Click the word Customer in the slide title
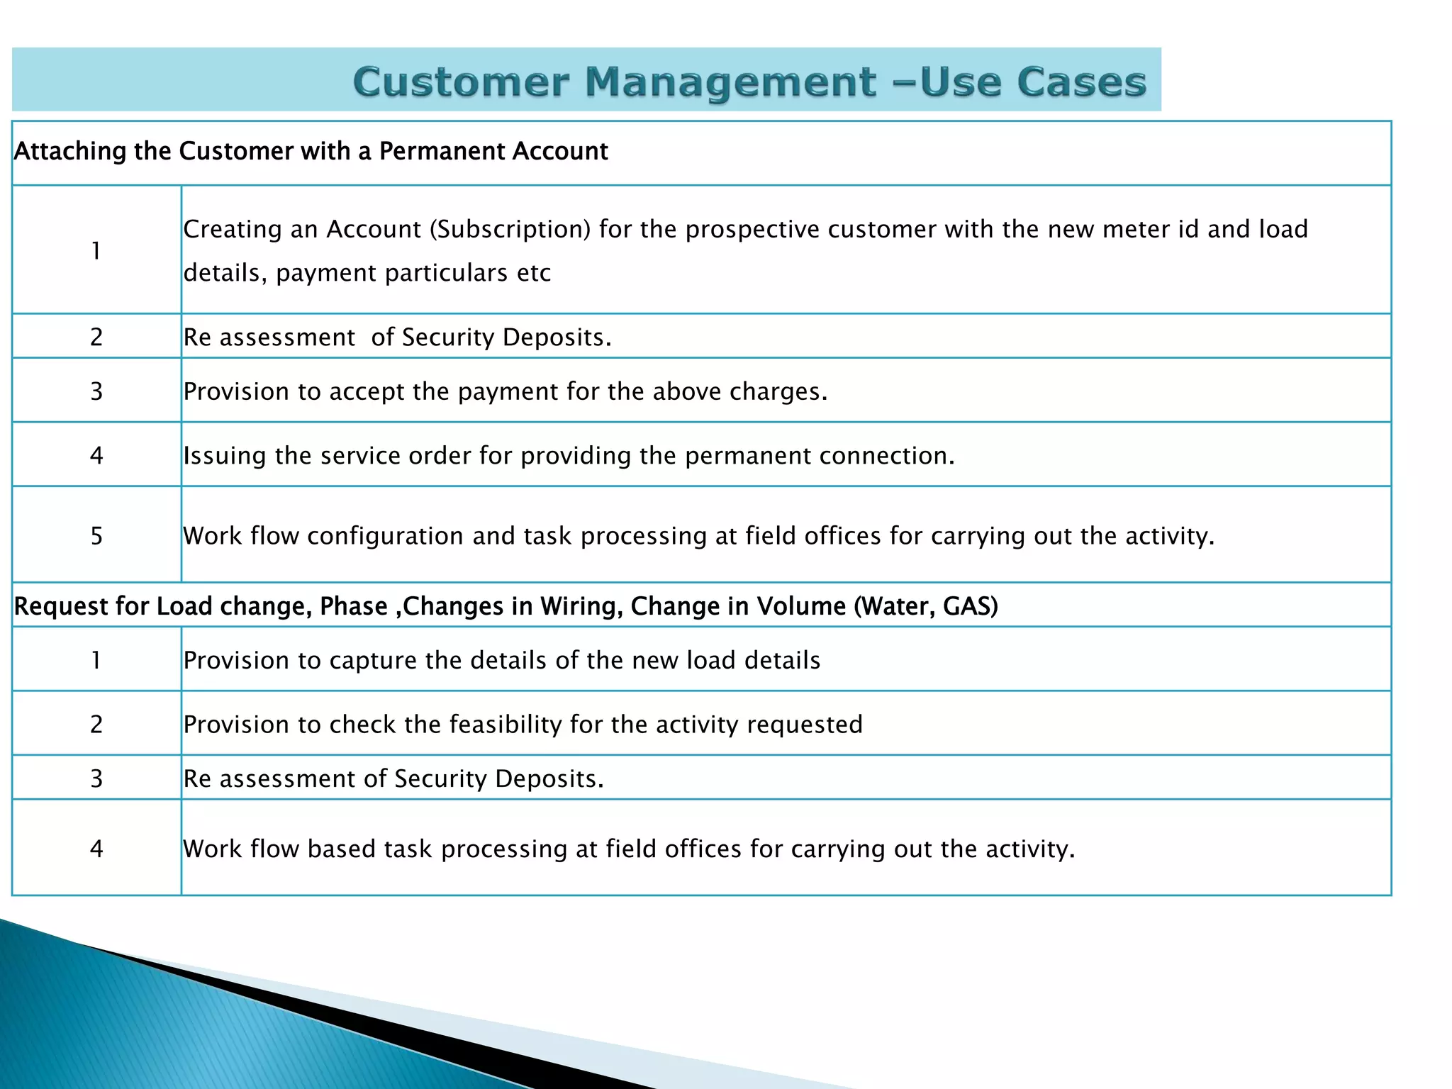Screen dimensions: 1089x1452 click(x=460, y=82)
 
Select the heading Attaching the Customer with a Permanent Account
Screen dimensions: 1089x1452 click(x=311, y=151)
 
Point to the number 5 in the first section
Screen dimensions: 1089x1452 click(x=96, y=535)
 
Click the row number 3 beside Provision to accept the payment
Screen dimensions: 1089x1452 click(x=96, y=391)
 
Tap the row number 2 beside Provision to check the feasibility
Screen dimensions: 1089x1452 click(x=96, y=724)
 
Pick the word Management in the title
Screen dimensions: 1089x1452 click(x=730, y=82)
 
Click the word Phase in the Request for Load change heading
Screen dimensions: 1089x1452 click(x=354, y=606)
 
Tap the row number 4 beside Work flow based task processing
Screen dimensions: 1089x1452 click(x=96, y=849)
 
